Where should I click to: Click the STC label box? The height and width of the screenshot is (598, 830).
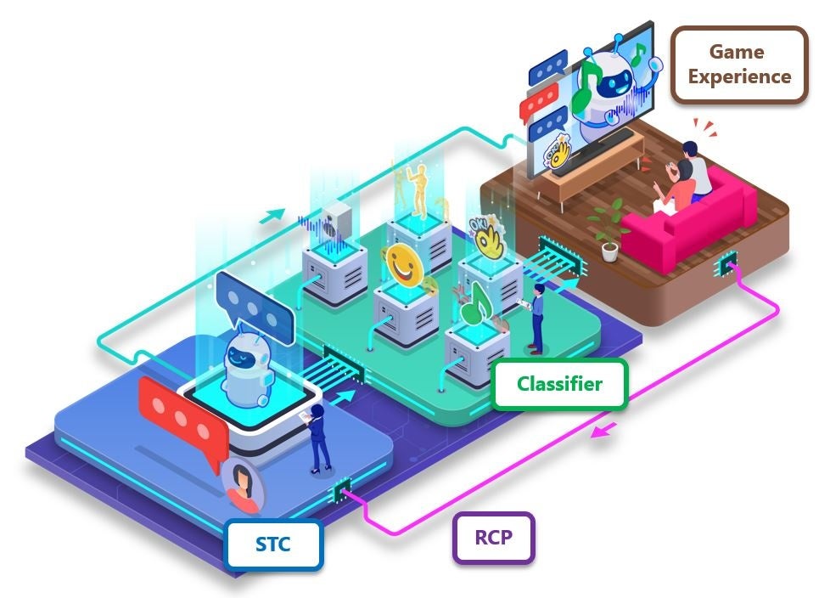[x=273, y=544]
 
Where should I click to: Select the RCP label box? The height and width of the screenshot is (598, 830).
[x=493, y=537]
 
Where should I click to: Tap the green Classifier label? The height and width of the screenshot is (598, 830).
[x=559, y=384]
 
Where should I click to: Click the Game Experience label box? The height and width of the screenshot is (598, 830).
[x=739, y=64]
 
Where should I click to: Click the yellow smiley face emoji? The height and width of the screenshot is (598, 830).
[x=404, y=265]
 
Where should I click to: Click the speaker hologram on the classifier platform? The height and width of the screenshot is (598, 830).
[x=336, y=220]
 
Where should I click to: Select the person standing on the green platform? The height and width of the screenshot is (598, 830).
[x=536, y=319]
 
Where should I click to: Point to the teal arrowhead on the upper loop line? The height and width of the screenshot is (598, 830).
[x=272, y=215]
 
